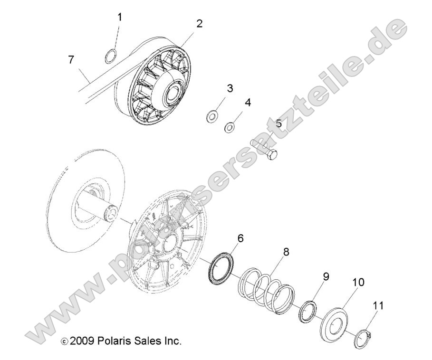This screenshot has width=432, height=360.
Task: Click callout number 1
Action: point(120,18)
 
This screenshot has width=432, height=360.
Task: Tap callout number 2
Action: point(199,23)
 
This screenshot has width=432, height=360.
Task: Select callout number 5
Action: point(279,123)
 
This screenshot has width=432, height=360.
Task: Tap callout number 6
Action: point(241,238)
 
